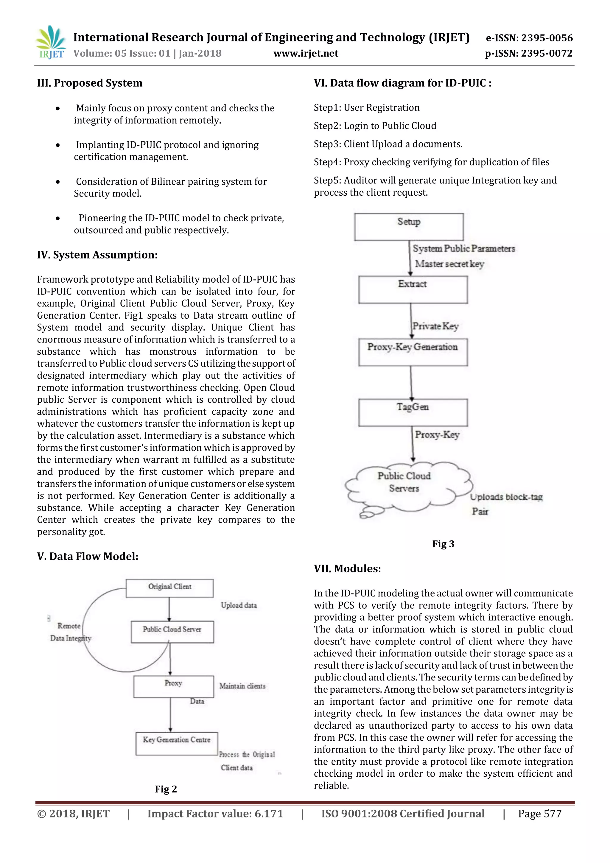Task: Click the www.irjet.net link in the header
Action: click(x=306, y=53)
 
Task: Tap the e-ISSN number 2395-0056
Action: click(x=547, y=38)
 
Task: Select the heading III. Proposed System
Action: click(x=89, y=83)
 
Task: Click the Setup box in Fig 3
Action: click(x=409, y=227)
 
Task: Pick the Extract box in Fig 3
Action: click(x=413, y=289)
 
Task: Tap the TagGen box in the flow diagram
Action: click(x=413, y=412)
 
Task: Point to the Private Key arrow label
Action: click(x=435, y=326)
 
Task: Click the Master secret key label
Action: click(x=449, y=264)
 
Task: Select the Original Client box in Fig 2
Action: click(x=169, y=588)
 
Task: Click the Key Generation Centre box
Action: click(x=177, y=743)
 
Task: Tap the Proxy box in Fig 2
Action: click(x=173, y=686)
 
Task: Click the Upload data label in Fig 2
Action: click(x=239, y=605)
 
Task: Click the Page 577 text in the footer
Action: click(x=539, y=813)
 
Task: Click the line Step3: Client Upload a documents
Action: click(x=388, y=144)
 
